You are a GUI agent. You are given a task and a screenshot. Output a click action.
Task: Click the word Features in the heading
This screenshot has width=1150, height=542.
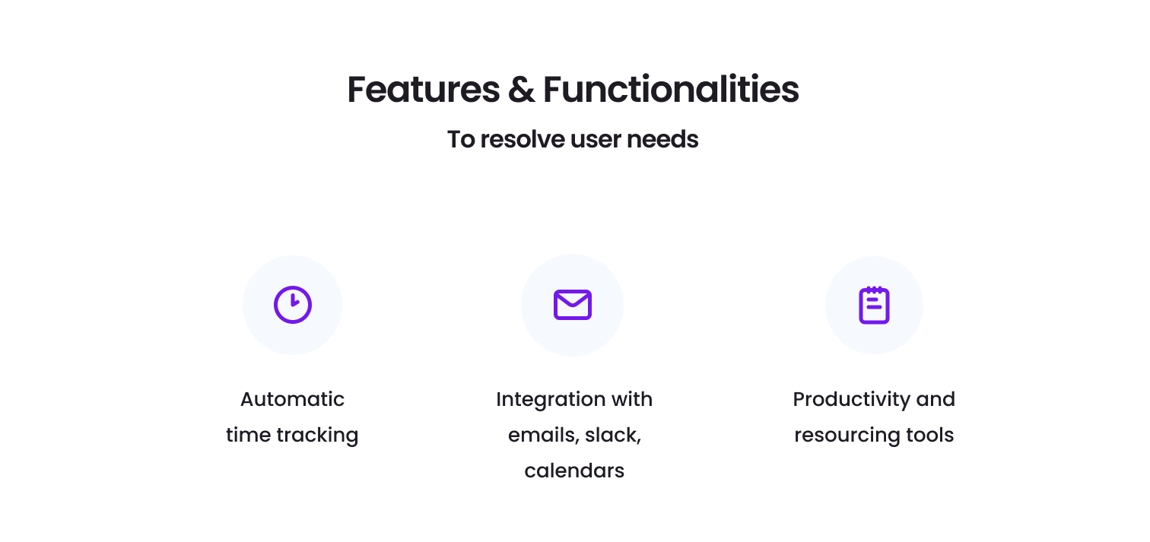[423, 90]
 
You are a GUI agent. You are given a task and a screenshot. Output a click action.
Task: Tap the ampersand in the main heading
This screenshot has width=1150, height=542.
[521, 90]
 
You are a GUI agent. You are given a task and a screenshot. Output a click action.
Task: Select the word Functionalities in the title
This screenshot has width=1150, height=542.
[671, 90]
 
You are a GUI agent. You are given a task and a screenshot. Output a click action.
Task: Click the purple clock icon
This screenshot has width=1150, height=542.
[293, 305]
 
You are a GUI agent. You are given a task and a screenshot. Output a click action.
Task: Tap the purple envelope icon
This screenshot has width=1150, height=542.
[573, 305]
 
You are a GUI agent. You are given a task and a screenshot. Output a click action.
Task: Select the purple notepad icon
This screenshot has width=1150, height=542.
[875, 305]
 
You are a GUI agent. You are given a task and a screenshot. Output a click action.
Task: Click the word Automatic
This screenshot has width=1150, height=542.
[292, 399]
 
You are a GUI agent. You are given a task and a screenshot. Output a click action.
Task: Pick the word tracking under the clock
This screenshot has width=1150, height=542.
[317, 436]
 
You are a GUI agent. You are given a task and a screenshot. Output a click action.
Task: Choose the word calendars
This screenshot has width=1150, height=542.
[574, 471]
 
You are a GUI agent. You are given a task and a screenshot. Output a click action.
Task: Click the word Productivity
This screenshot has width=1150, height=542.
[852, 400]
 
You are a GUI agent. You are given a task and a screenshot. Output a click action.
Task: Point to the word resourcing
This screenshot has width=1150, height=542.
[847, 436]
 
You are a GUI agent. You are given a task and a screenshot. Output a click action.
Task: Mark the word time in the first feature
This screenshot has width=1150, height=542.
[248, 436]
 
